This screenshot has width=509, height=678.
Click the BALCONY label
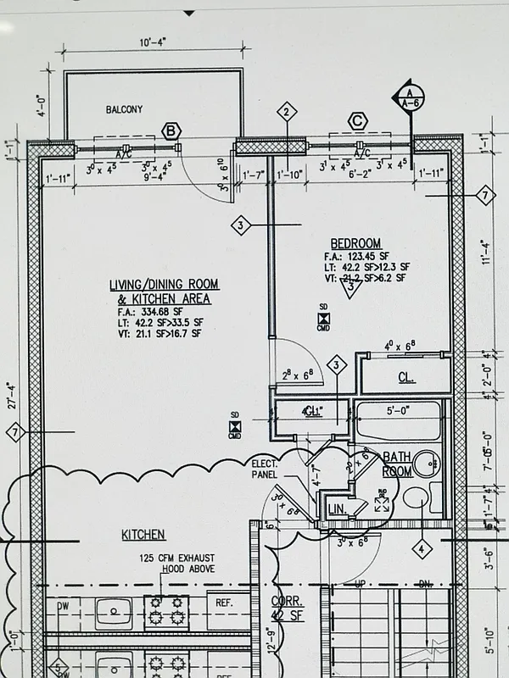click(124, 110)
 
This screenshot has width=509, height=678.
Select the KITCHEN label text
click(143, 535)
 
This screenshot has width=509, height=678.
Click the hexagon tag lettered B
click(172, 131)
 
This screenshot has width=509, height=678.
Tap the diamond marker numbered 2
click(288, 112)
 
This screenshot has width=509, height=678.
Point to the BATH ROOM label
click(397, 464)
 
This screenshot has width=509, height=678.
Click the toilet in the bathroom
click(416, 497)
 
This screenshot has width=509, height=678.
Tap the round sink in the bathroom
click(428, 463)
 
